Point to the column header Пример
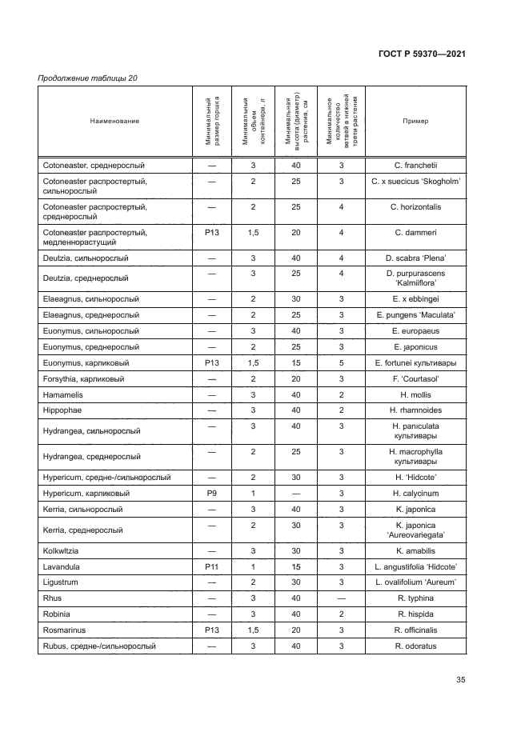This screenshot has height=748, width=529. point(415,122)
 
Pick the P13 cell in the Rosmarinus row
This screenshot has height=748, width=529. point(212,630)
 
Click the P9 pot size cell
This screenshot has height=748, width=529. point(212,494)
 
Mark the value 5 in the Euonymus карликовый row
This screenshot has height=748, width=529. point(341,362)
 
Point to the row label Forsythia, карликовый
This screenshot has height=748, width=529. point(83,378)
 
